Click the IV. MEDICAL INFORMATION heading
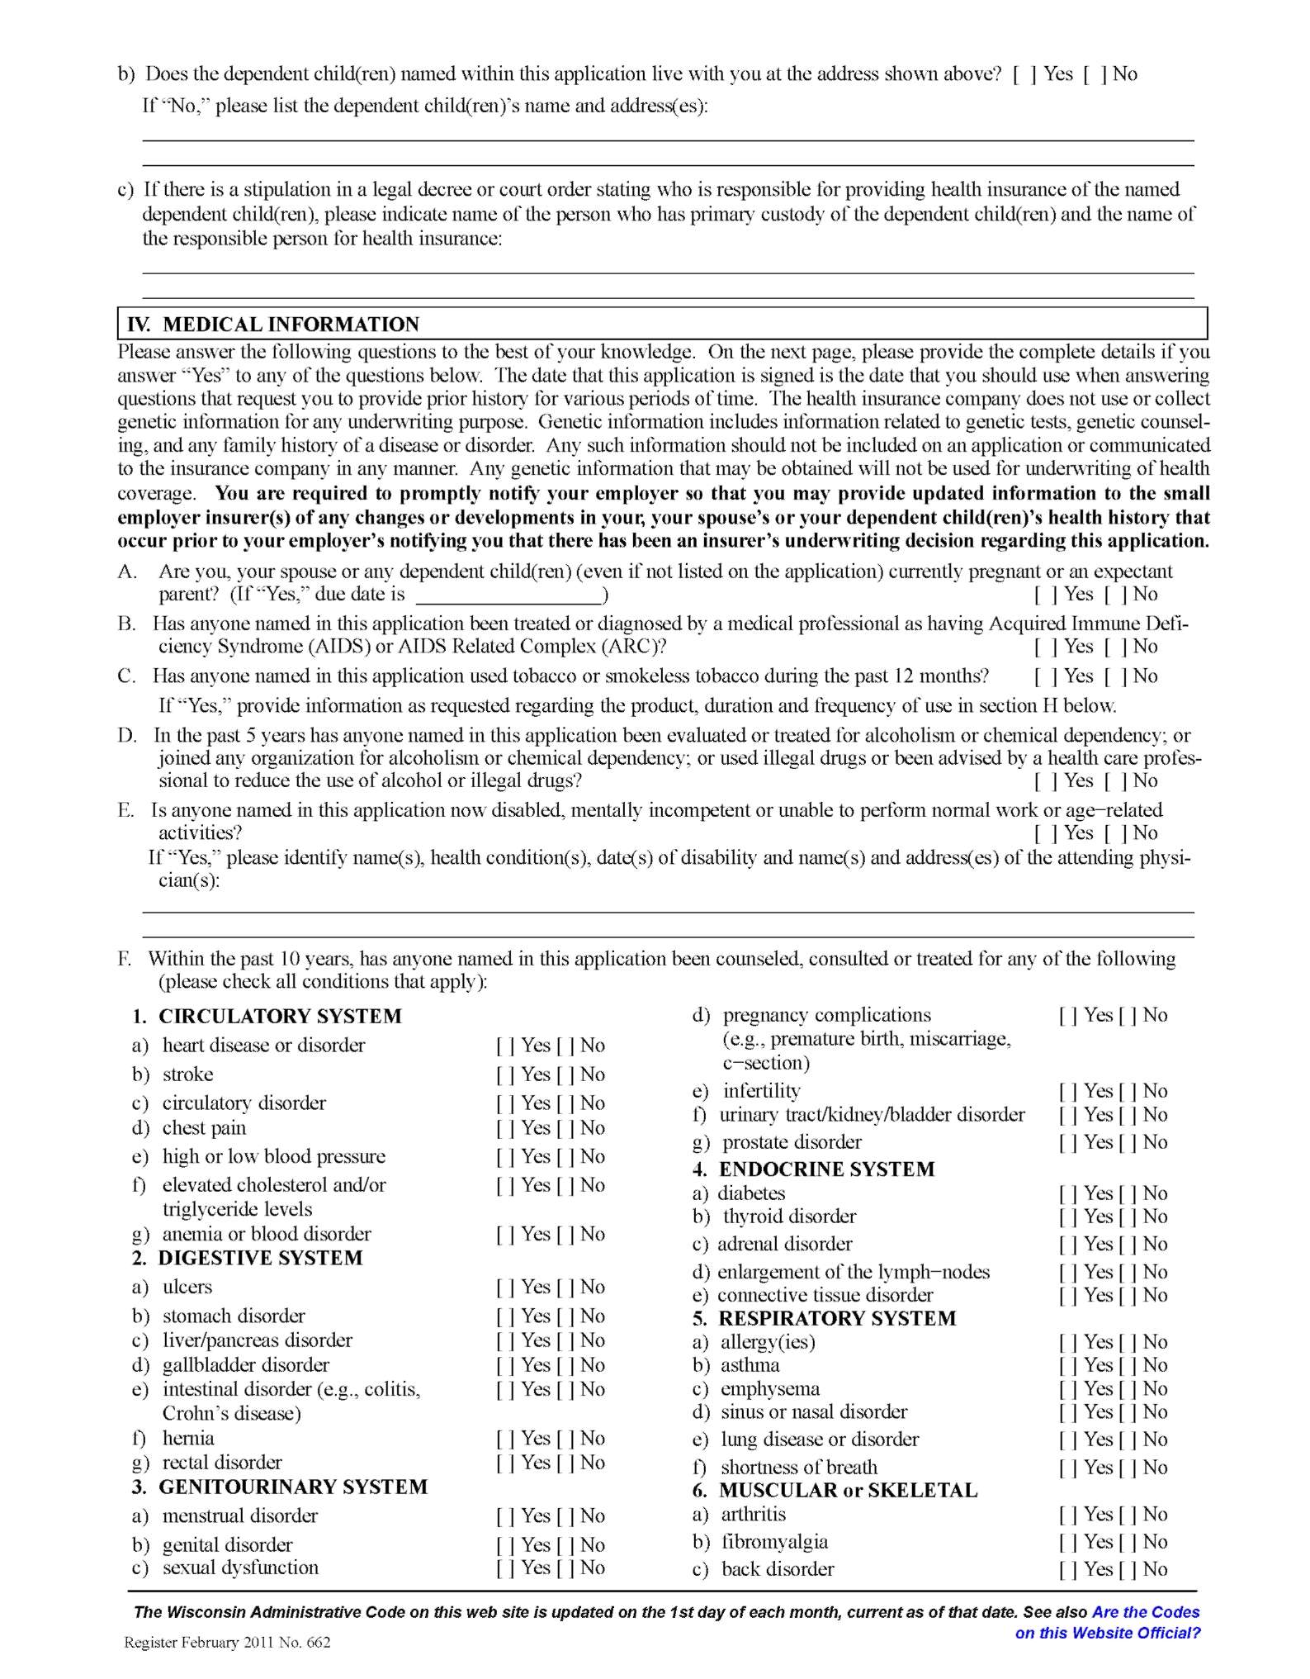click(x=272, y=324)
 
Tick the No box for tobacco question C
click(x=1114, y=677)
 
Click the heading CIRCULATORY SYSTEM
click(x=280, y=1017)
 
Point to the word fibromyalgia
click(x=774, y=1542)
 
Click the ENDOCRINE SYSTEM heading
click(x=826, y=1169)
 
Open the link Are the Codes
click(x=1145, y=1612)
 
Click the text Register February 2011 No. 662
click(x=227, y=1643)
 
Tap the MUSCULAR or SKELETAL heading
click(x=848, y=1491)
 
